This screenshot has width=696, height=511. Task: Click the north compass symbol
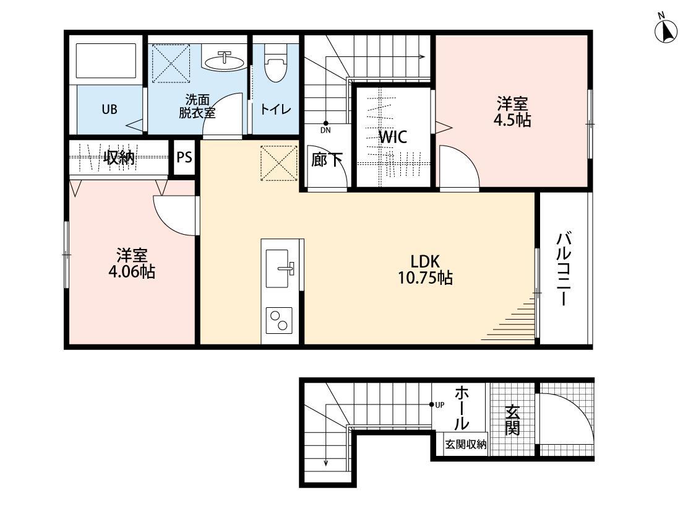coord(666,31)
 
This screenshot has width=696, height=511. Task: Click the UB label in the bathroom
coord(109,110)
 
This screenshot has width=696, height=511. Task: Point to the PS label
coord(184,157)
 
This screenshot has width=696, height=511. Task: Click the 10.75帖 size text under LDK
coord(426,278)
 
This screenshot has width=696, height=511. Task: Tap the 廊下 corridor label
coord(327,160)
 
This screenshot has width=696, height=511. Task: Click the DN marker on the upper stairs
coord(325,130)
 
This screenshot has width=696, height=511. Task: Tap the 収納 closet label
coord(119,157)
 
